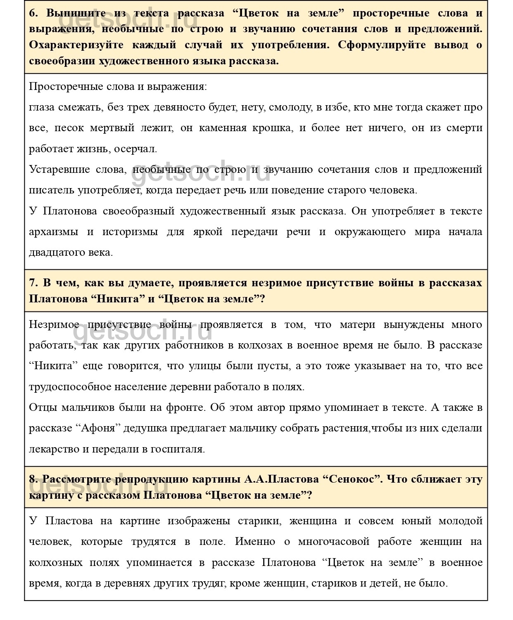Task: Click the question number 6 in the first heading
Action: (x=33, y=13)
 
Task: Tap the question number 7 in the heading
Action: (x=33, y=283)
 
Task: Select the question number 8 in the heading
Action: (x=33, y=479)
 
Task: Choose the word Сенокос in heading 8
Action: (x=351, y=479)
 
